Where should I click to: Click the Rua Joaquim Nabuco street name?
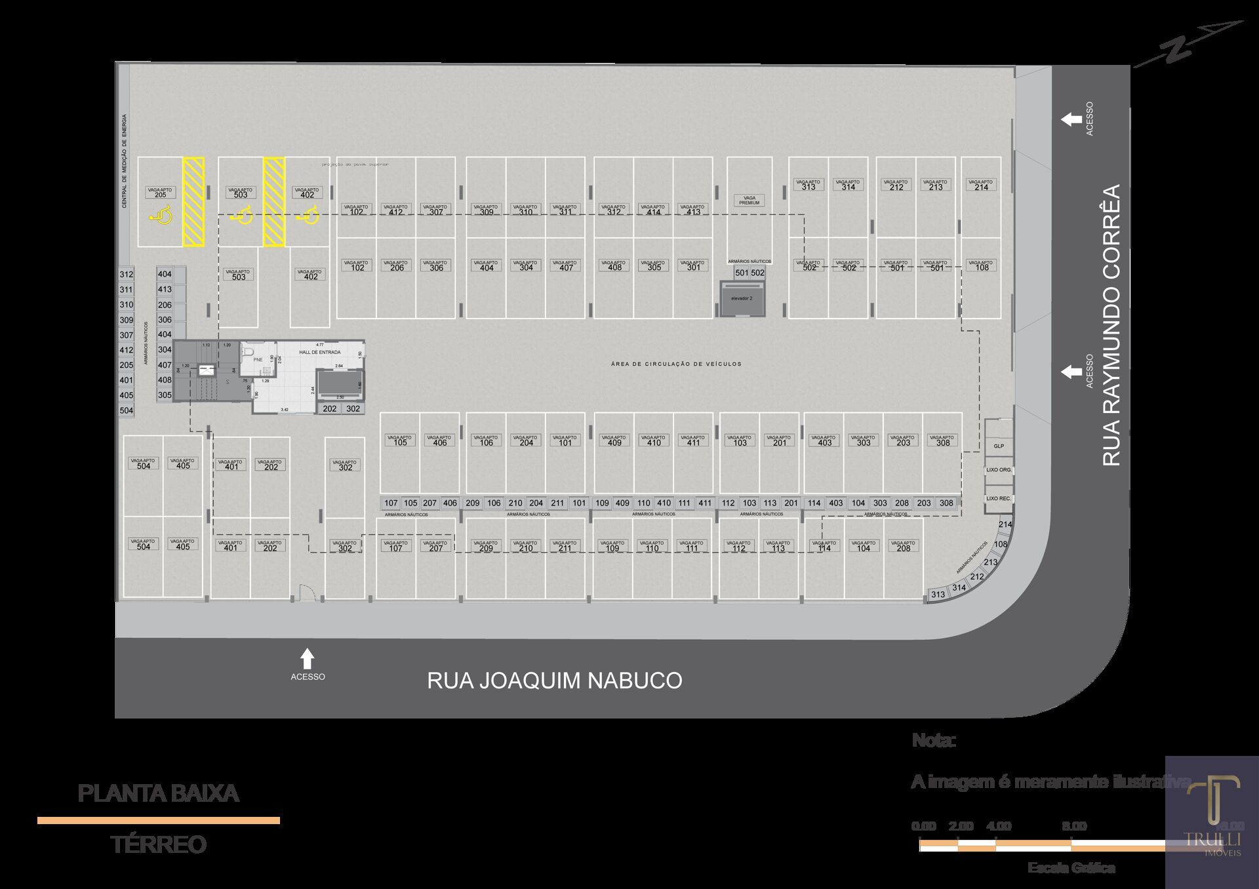click(554, 681)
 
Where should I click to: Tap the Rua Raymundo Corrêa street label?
click(1111, 325)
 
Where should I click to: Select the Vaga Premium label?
click(749, 200)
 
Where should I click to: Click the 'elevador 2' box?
click(742, 298)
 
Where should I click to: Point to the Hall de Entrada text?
click(319, 352)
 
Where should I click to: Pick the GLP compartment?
click(999, 446)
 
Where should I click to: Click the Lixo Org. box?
click(999, 470)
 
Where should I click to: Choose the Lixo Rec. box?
click(999, 498)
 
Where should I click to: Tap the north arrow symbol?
click(1187, 45)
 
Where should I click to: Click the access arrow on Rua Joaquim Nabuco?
click(307, 659)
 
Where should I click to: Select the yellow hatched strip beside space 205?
click(193, 201)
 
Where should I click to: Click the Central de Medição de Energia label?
click(125, 161)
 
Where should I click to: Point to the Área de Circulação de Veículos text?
click(676, 364)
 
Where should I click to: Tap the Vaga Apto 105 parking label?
click(400, 441)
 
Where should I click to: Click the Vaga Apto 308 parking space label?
click(942, 441)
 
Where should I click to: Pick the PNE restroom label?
click(258, 359)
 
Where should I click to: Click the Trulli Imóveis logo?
click(1212, 820)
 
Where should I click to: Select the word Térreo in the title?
click(158, 844)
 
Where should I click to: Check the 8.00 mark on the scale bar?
click(1074, 826)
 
